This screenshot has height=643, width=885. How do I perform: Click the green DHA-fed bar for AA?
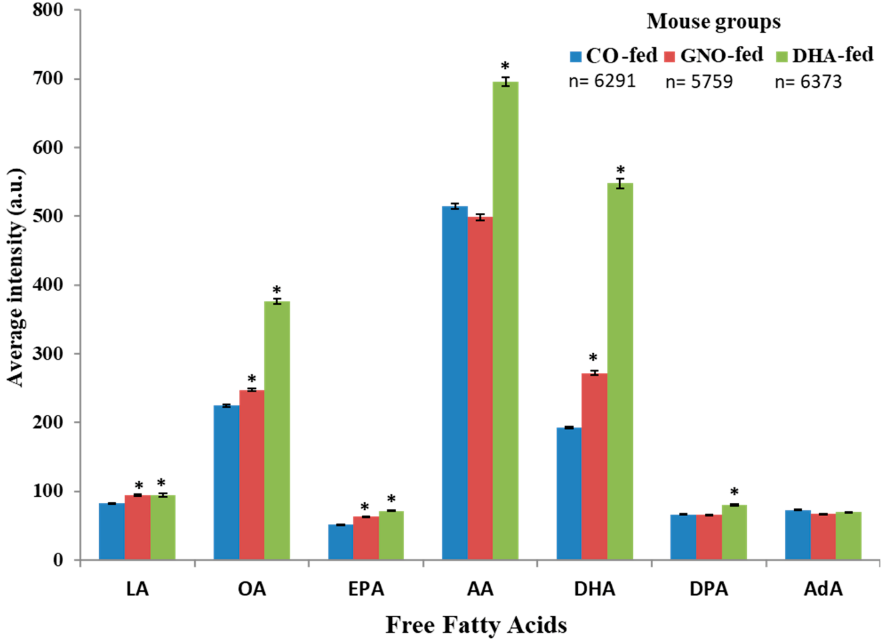click(505, 320)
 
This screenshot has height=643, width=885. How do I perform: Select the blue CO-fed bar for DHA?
click(569, 494)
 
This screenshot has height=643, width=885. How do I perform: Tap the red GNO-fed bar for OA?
click(252, 474)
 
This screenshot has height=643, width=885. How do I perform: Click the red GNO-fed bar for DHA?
click(594, 466)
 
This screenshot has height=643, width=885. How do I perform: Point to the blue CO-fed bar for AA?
click(455, 383)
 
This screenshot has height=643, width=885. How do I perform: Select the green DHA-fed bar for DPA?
click(734, 532)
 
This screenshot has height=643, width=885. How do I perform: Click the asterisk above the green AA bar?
click(505, 66)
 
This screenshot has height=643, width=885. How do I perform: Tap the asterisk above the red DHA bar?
click(593, 358)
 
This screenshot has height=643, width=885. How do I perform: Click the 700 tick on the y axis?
click(53, 79)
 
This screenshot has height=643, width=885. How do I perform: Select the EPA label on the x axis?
click(366, 589)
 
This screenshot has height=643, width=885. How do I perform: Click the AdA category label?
click(823, 589)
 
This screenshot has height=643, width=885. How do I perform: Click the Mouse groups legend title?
click(714, 22)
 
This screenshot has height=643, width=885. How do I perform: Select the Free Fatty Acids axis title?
click(476, 625)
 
